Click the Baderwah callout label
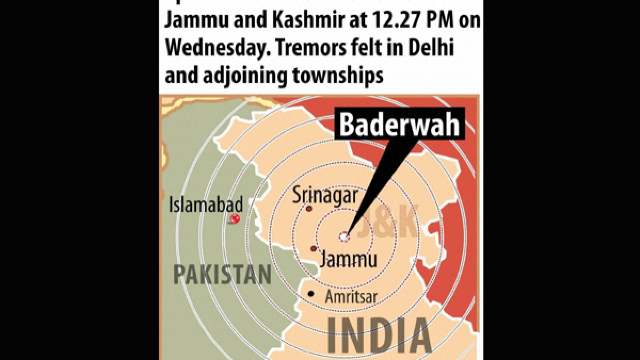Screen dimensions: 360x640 pos(399,124)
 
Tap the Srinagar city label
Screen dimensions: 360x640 pos(325,196)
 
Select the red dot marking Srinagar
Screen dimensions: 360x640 pos(309,209)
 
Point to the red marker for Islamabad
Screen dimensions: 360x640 pos(235,219)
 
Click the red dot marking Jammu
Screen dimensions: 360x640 pos(314,249)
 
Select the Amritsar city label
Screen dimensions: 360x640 pos(350,297)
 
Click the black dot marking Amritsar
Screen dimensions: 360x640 pos(311,294)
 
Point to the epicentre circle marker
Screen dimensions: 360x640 pos(345,235)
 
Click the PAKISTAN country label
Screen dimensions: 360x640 pos(222,275)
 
